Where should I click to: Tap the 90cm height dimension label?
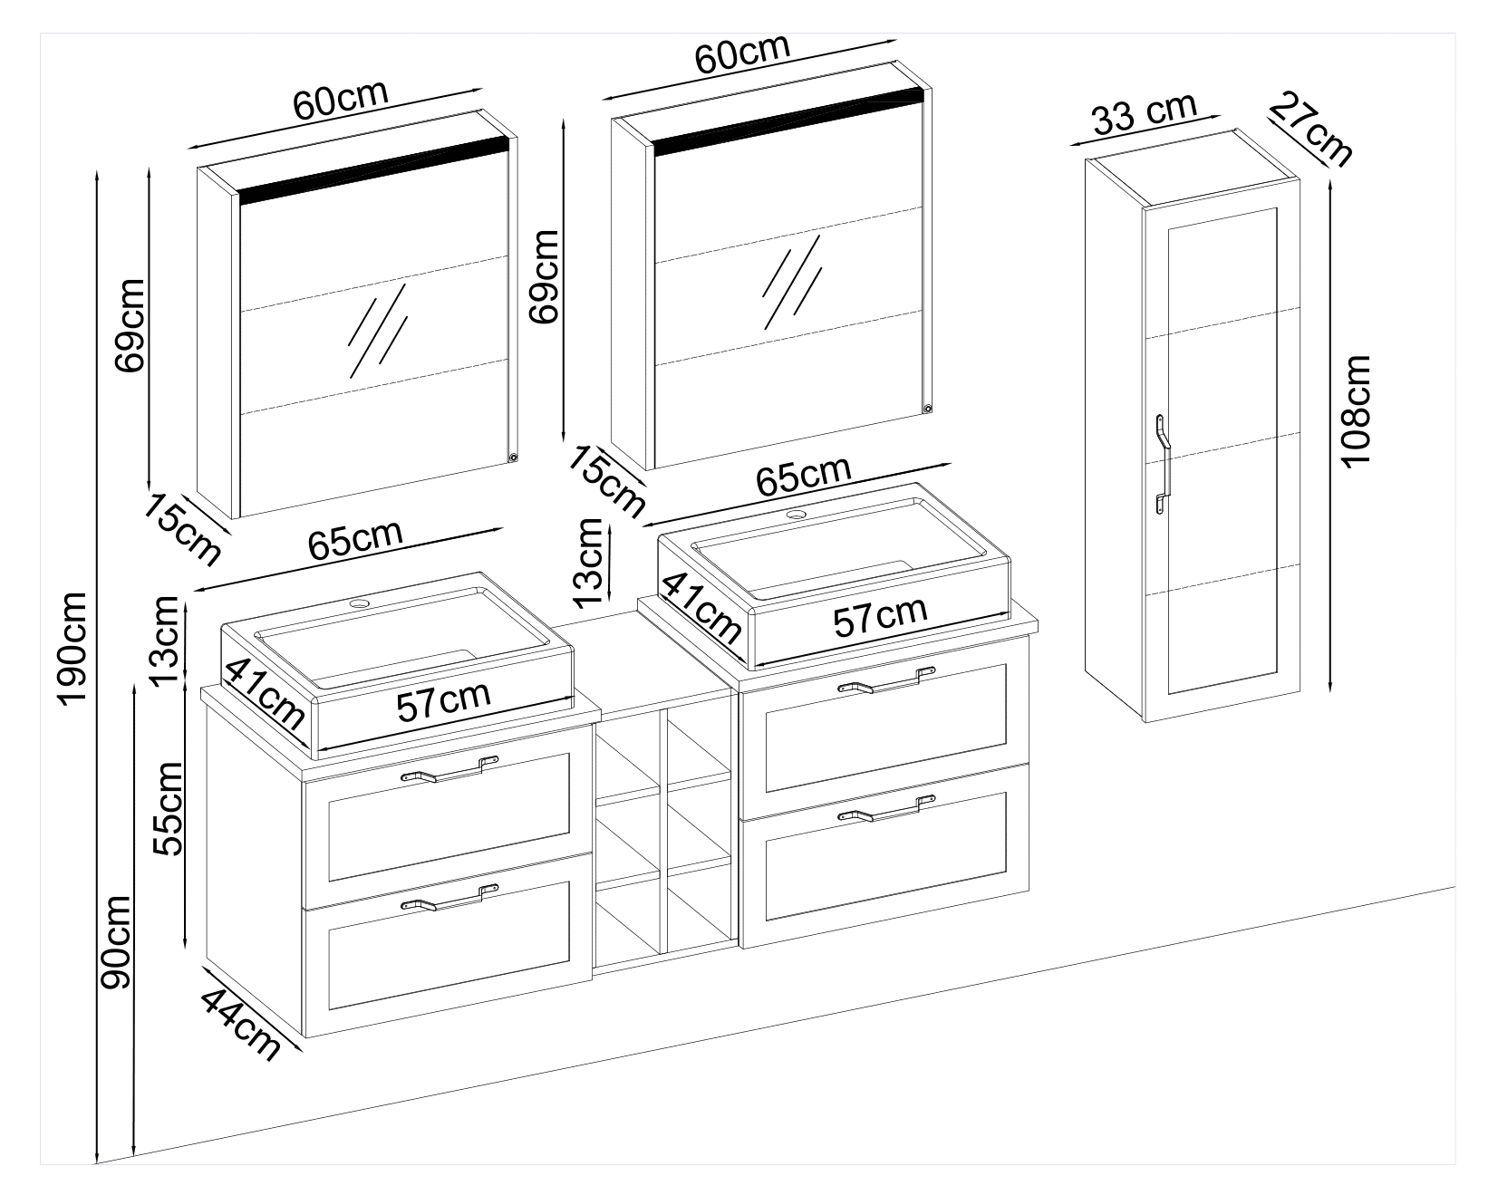click(x=117, y=942)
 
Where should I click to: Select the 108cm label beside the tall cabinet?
click(x=1356, y=410)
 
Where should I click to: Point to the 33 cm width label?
click(x=1144, y=113)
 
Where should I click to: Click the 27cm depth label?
click(x=1310, y=128)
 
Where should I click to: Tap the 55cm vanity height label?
click(x=169, y=808)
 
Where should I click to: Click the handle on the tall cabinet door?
click(x=1163, y=464)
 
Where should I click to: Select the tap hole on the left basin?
click(x=361, y=602)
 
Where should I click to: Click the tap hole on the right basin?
click(x=797, y=516)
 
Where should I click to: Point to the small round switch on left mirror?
click(x=513, y=458)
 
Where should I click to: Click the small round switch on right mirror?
click(x=926, y=407)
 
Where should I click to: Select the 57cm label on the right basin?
click(x=880, y=616)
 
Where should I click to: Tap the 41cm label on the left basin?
click(x=265, y=693)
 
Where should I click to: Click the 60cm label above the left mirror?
click(x=341, y=101)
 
